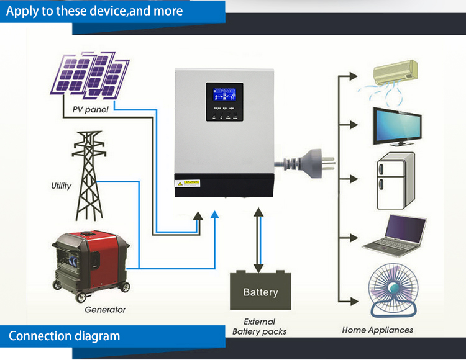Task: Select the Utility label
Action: (x=61, y=186)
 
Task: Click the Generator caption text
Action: (x=105, y=309)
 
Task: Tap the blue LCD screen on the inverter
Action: (x=224, y=96)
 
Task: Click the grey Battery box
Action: (x=260, y=292)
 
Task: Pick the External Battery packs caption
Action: (x=260, y=326)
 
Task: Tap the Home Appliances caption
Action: (x=377, y=330)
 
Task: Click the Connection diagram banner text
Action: (x=64, y=336)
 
